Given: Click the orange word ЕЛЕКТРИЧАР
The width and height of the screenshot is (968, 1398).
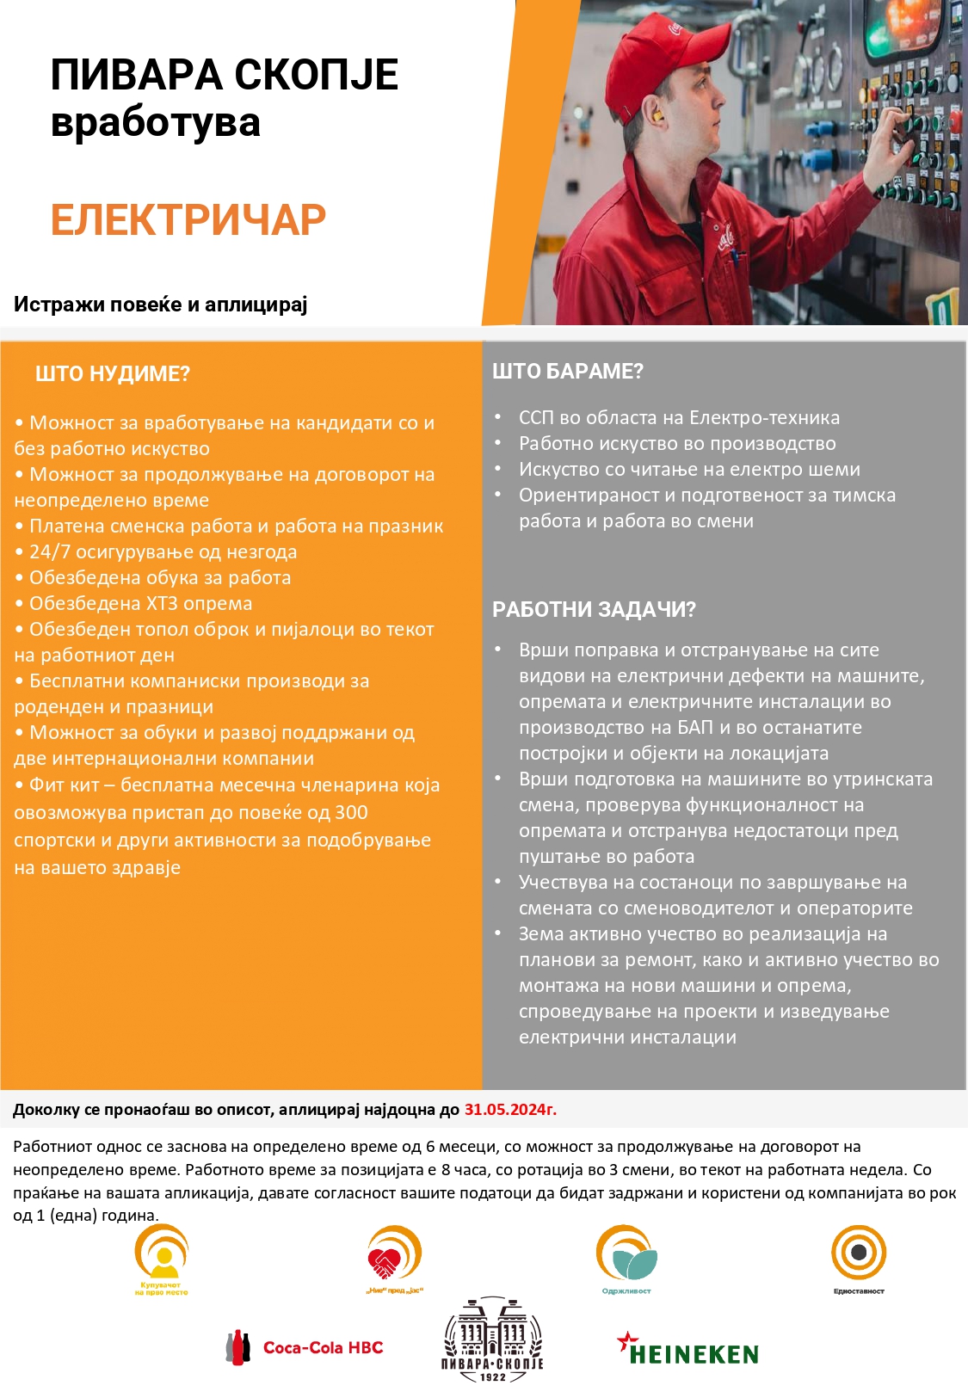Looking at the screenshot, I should click(x=188, y=220).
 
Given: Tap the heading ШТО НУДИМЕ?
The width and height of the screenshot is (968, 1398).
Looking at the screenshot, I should click(x=112, y=374).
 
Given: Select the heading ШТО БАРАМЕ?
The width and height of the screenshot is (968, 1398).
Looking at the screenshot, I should click(x=567, y=372).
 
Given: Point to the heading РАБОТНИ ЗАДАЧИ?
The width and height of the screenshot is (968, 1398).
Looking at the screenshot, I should click(x=594, y=610).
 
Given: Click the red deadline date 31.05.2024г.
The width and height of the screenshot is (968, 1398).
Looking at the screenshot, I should click(x=510, y=1110).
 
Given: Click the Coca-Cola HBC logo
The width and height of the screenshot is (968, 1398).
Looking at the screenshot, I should click(x=305, y=1347).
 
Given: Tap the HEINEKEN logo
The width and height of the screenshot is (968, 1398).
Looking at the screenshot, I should click(x=688, y=1351).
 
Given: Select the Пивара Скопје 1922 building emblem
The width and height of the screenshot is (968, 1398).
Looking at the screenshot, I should click(x=492, y=1339).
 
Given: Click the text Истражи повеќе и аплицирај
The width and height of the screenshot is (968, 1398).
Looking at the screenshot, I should click(x=160, y=305).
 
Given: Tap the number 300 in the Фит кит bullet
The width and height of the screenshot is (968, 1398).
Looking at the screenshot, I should click(x=351, y=813).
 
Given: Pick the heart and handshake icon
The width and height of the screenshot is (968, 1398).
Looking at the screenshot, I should click(x=394, y=1256).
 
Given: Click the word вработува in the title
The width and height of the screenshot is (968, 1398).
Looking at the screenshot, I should click(x=155, y=122).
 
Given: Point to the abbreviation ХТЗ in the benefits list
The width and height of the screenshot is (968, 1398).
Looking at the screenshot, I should click(x=168, y=604).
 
